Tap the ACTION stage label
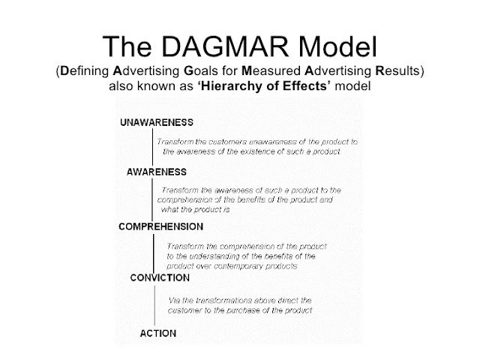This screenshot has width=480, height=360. [158, 331]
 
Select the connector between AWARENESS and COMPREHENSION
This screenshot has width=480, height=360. [154, 199]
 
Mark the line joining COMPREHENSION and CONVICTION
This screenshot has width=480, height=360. [154, 251]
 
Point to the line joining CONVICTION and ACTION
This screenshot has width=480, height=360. [154, 304]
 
